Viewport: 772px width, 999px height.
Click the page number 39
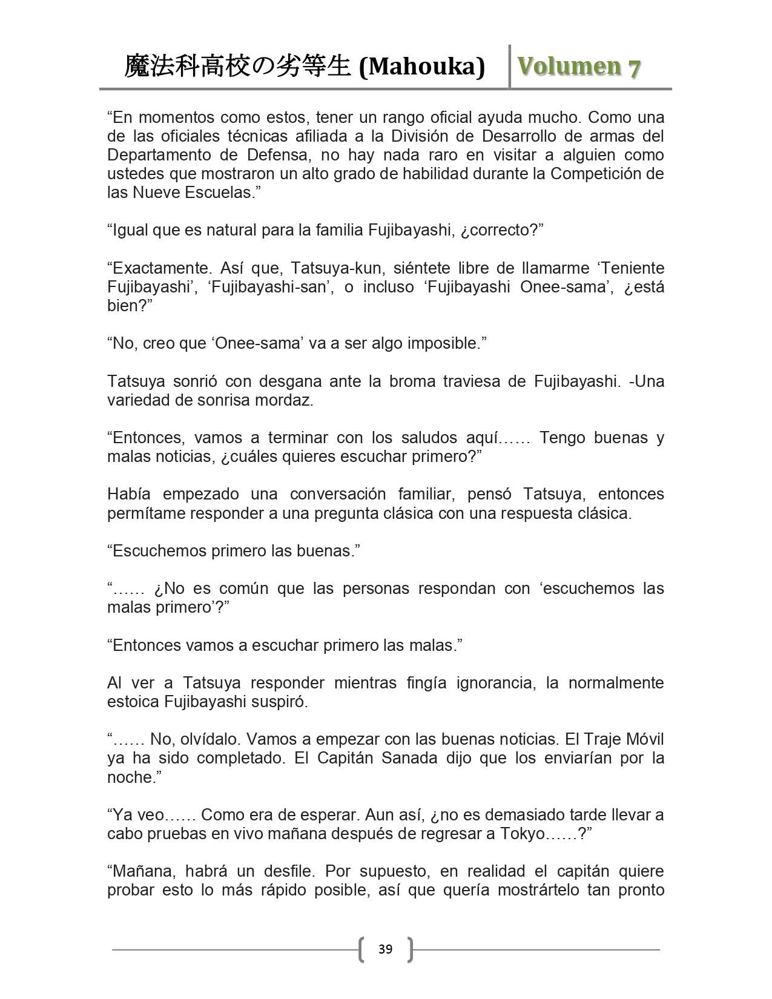point(385,949)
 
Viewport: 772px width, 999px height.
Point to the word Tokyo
point(522,834)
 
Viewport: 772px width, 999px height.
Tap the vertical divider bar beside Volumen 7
point(510,67)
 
